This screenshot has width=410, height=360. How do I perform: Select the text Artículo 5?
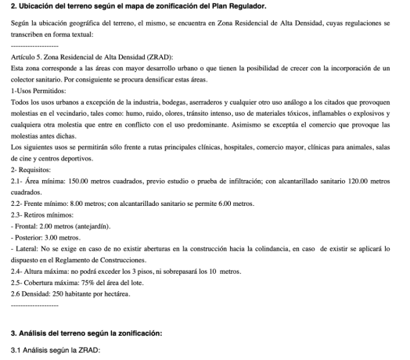click(26, 58)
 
